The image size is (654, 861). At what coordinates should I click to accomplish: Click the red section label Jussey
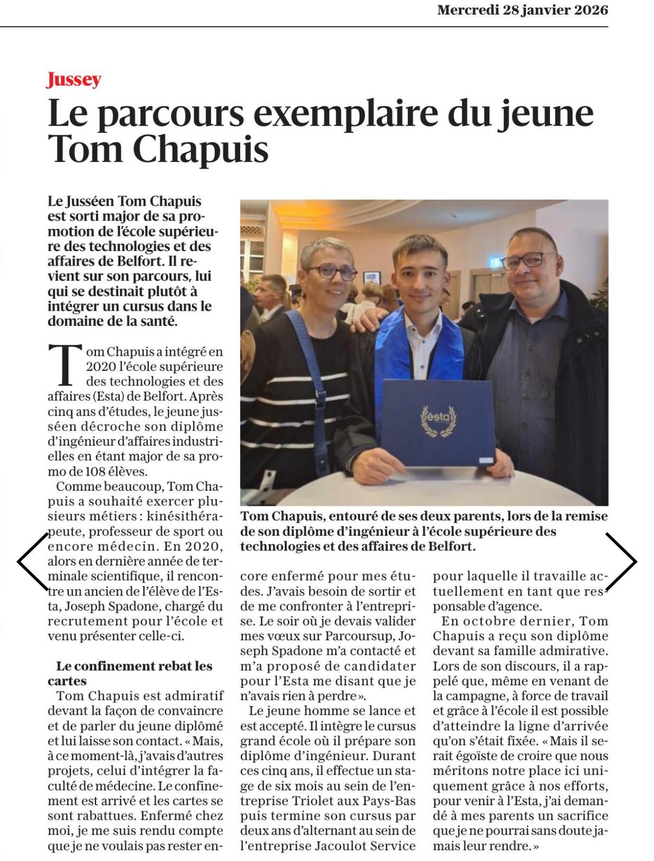[74, 80]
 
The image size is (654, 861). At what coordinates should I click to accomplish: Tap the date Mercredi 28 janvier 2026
[522, 10]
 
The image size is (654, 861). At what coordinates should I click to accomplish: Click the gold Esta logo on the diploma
[439, 421]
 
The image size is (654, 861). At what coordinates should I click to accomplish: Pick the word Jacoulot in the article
[330, 846]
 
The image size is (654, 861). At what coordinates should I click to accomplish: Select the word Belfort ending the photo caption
[451, 547]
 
